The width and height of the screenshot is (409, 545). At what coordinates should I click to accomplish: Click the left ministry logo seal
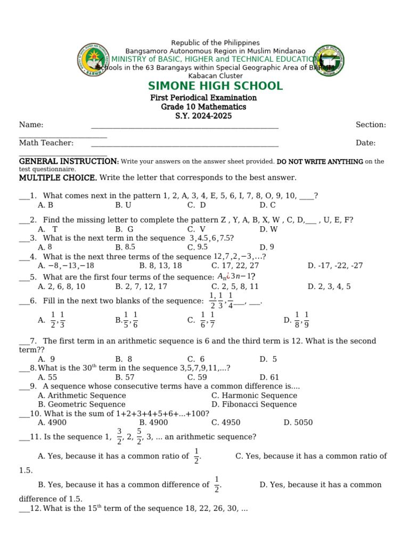(94, 60)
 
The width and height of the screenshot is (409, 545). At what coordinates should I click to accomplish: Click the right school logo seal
(328, 60)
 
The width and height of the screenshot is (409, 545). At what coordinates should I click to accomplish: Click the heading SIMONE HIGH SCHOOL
(215, 86)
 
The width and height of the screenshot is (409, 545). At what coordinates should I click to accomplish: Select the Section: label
(371, 125)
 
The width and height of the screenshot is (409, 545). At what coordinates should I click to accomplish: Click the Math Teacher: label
(46, 143)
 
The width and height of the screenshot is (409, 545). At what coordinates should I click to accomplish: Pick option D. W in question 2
(268, 229)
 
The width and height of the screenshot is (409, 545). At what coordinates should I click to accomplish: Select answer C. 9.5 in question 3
(198, 247)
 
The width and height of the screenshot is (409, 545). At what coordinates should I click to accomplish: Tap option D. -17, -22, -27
(335, 266)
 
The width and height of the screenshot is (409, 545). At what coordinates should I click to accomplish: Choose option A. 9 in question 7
(46, 359)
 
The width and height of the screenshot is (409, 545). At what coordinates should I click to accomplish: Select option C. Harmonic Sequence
(254, 395)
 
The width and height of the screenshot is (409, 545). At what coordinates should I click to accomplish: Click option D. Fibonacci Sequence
(254, 404)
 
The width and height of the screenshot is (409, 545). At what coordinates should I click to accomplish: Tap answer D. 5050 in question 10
(298, 423)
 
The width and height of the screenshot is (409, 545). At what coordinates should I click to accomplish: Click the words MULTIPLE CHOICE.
(58, 177)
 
